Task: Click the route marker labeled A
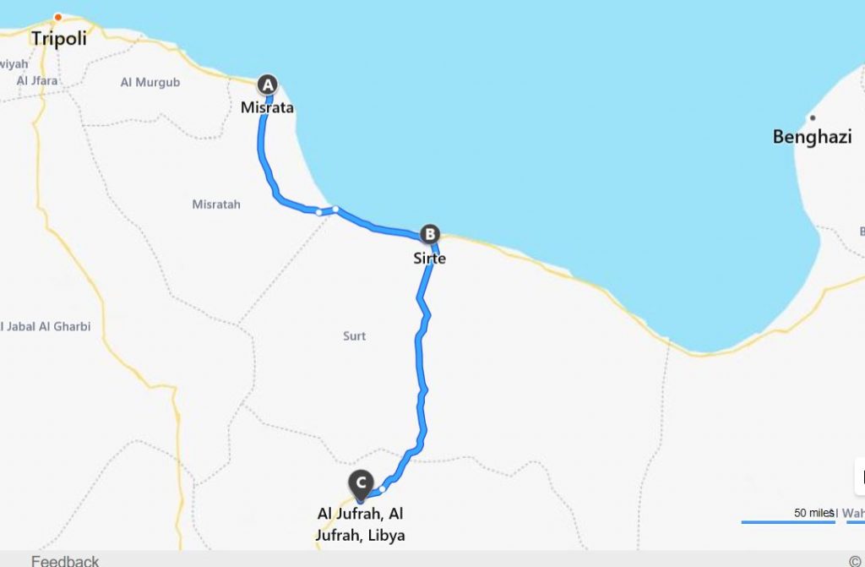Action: click(267, 84)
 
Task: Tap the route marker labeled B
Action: click(430, 234)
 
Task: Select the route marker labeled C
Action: click(362, 482)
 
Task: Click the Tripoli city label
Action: click(59, 39)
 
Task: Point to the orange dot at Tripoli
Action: click(58, 17)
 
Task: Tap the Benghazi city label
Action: click(812, 137)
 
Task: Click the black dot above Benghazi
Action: click(812, 117)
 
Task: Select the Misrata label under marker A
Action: click(267, 107)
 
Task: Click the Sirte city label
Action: click(429, 258)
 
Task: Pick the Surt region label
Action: click(355, 336)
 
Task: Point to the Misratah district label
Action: click(216, 204)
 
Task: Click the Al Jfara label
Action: click(37, 81)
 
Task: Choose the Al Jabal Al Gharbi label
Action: click(46, 326)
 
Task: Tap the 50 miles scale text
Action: click(813, 512)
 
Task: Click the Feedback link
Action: click(65, 560)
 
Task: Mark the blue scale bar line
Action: click(787, 522)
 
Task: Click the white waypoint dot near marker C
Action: click(383, 488)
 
